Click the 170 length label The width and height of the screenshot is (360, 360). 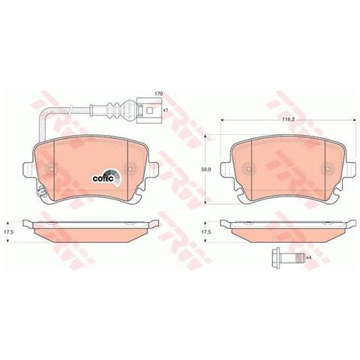click(158, 93)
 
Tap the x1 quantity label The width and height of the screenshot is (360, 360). click(166, 109)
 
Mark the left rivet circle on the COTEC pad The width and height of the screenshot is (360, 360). click(49, 170)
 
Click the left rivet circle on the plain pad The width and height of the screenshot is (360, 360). click(245, 169)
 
